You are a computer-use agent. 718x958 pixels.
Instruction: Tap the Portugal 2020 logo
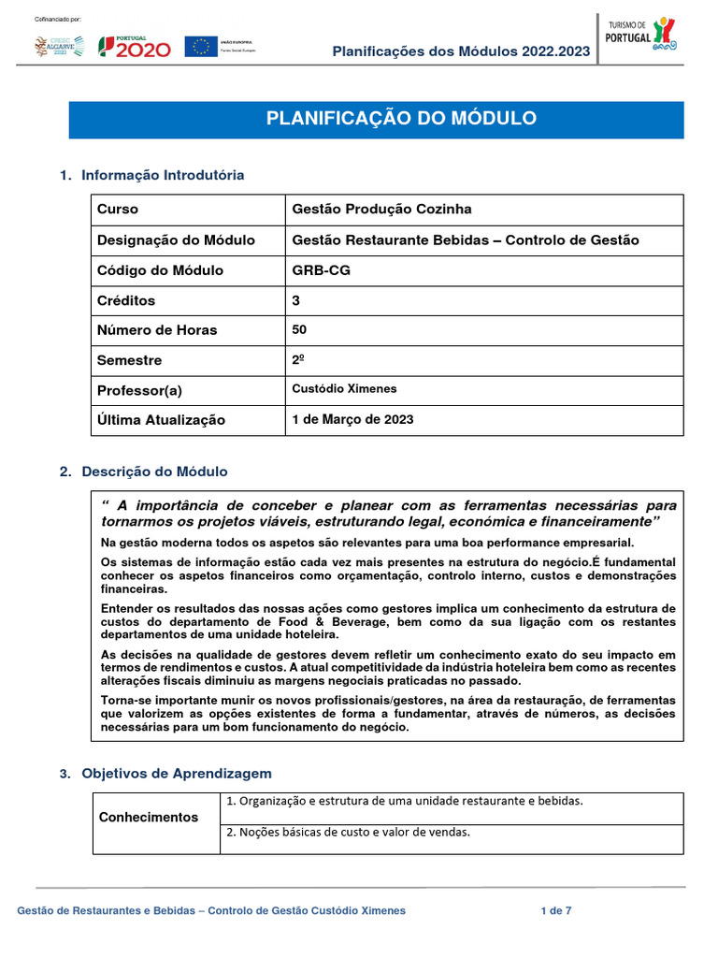(x=136, y=46)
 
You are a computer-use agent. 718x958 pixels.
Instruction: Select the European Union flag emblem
(x=200, y=46)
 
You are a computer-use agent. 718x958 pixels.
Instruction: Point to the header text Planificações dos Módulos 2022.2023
(x=461, y=51)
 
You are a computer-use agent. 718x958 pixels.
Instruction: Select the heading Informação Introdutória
(x=163, y=175)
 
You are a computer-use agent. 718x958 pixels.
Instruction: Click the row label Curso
(x=118, y=210)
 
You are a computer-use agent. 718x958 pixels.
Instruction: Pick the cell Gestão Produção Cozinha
(x=381, y=210)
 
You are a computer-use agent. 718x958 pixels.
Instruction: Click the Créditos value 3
(x=296, y=300)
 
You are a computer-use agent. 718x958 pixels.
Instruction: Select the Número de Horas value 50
(x=299, y=329)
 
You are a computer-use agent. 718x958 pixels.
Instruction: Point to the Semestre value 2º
(x=298, y=359)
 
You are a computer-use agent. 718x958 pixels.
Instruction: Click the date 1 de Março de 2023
(x=352, y=419)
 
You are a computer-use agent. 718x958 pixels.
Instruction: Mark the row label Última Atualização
(x=161, y=420)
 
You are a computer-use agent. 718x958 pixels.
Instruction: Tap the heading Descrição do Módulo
(x=154, y=472)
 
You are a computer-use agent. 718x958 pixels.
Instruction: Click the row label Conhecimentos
(x=149, y=817)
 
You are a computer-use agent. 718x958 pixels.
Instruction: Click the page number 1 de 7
(x=556, y=910)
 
